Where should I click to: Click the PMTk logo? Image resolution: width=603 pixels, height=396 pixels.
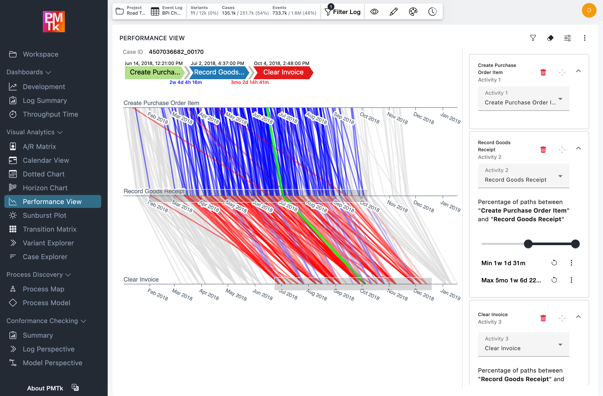coord(54,22)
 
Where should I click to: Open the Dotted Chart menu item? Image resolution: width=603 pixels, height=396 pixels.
coord(44,174)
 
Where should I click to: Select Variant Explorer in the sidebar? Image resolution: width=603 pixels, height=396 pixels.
coord(48,243)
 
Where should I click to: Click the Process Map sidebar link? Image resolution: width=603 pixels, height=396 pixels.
coord(43,289)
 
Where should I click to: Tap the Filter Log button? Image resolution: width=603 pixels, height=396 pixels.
coord(343,12)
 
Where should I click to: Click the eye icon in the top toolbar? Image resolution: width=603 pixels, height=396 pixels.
coord(374,12)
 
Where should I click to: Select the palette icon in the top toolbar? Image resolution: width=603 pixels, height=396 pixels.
coord(413,12)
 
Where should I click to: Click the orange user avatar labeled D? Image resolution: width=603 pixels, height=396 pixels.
coord(589,10)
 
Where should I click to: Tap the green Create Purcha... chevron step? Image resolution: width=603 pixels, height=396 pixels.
coord(155,72)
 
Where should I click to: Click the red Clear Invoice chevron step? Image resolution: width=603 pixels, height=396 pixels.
coord(283,72)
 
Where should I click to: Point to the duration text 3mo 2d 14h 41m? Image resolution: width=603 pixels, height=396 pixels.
coord(250,82)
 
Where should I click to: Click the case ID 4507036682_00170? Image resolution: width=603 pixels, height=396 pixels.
coord(176,52)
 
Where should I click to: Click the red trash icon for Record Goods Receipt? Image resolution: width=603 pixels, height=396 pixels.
coord(543,150)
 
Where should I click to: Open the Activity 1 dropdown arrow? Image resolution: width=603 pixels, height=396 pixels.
coord(560,99)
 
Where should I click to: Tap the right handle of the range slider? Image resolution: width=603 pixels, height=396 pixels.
coord(575,244)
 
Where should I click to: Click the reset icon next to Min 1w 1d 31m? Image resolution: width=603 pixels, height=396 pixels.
coord(554,263)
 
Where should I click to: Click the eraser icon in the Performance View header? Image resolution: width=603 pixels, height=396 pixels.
coord(550,38)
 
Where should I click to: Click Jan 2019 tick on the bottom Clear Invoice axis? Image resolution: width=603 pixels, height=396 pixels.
coord(450,294)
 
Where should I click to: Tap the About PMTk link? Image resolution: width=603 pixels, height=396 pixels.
coord(45,388)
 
